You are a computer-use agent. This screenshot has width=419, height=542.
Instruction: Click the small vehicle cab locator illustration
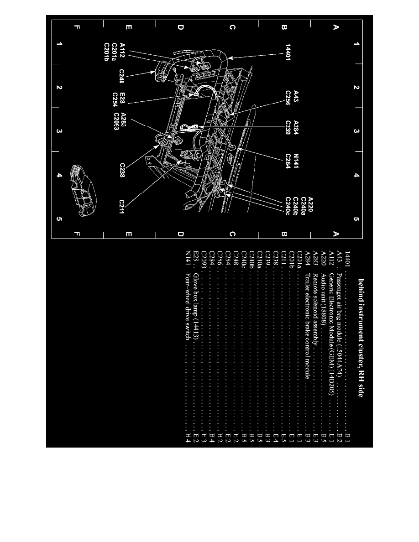[83, 189]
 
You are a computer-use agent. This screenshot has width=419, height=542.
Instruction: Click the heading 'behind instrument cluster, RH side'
[361, 338]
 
